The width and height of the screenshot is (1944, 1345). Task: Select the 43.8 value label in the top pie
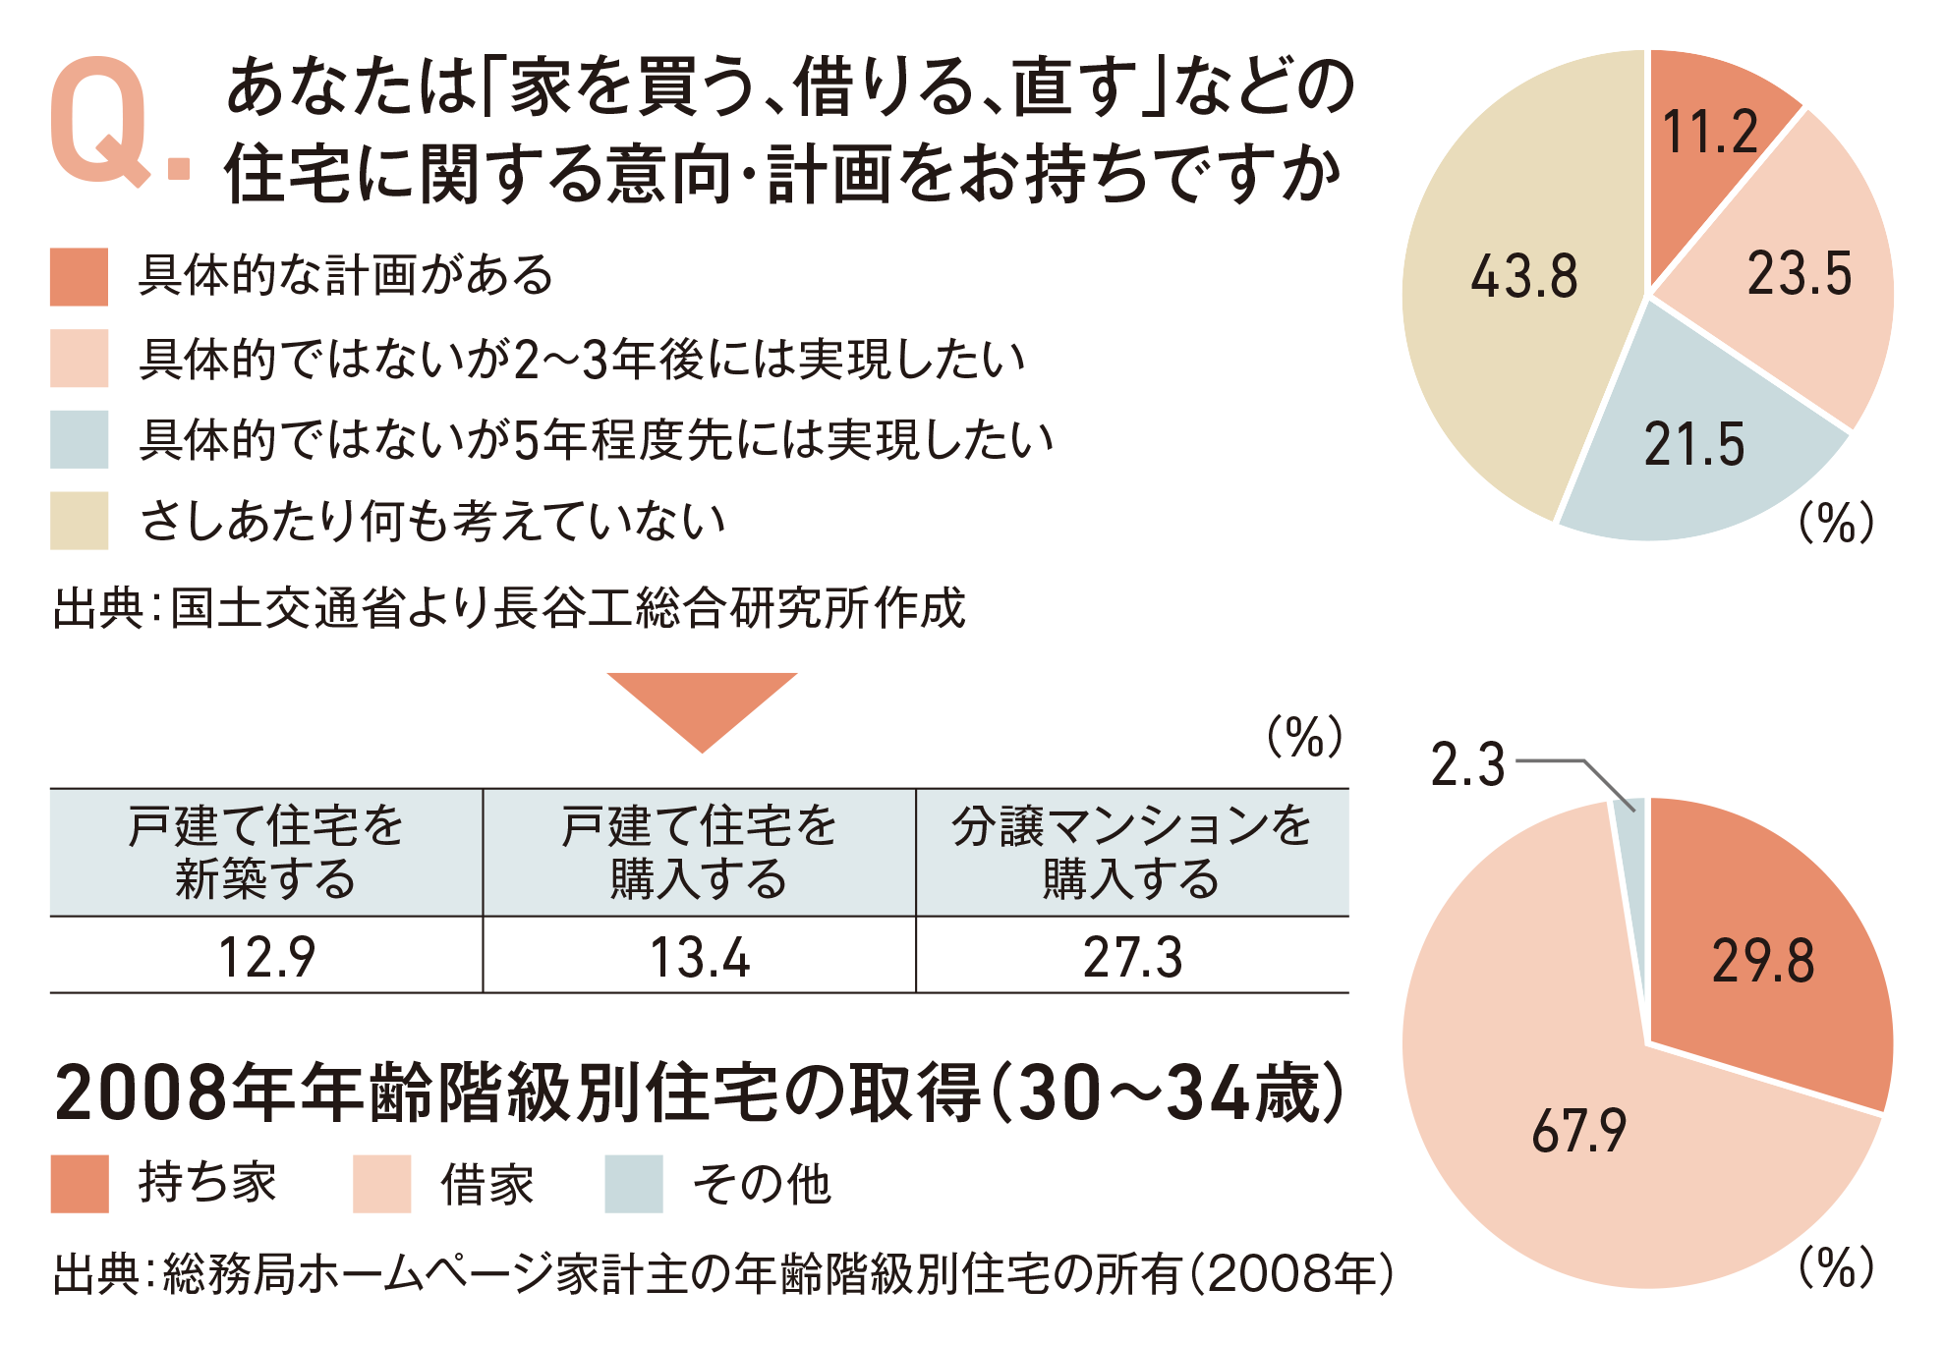click(x=1523, y=276)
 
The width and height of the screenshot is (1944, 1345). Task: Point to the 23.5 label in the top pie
click(x=1799, y=274)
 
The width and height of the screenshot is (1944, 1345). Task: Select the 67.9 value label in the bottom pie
click(x=1578, y=1131)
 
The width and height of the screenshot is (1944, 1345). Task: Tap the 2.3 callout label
click(x=1467, y=765)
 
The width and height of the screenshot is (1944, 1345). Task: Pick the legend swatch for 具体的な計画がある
click(x=79, y=277)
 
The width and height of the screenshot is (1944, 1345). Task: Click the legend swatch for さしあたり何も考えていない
click(x=79, y=520)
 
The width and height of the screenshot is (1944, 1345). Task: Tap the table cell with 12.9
click(x=266, y=957)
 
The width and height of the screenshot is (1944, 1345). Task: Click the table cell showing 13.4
click(x=700, y=957)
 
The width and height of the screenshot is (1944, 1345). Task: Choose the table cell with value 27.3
click(x=1132, y=957)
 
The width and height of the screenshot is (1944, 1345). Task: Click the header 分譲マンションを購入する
click(x=1132, y=852)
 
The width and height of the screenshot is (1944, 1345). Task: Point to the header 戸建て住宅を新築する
click(x=266, y=852)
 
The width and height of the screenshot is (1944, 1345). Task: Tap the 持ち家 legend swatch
click(x=80, y=1184)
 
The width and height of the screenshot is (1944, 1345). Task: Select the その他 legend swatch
click(x=634, y=1184)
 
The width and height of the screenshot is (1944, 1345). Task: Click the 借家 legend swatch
click(x=382, y=1184)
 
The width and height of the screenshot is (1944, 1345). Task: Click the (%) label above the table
click(x=1304, y=737)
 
